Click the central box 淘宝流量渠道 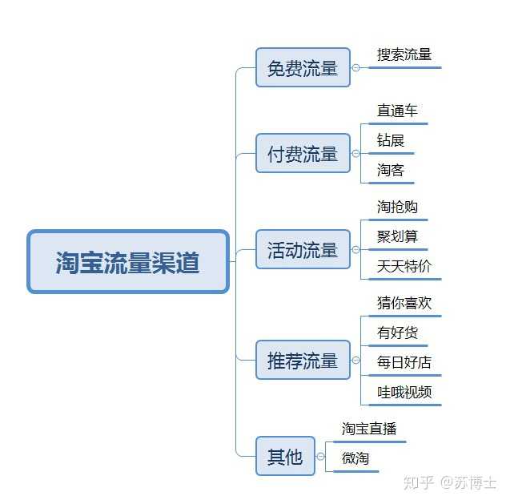128,262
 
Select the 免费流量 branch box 303,67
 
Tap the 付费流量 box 303,153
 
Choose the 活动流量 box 303,249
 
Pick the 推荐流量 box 303,360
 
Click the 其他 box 285,456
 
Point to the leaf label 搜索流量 404,55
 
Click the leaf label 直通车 397,111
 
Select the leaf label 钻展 391,140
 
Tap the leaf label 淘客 391,170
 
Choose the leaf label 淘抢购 397,207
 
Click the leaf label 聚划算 397,236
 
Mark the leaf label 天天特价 404,266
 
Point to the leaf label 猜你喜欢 404,304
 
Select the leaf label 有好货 397,333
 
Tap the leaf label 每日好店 404,362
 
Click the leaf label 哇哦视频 404,392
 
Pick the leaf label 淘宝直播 369,429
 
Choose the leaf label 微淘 355,458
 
